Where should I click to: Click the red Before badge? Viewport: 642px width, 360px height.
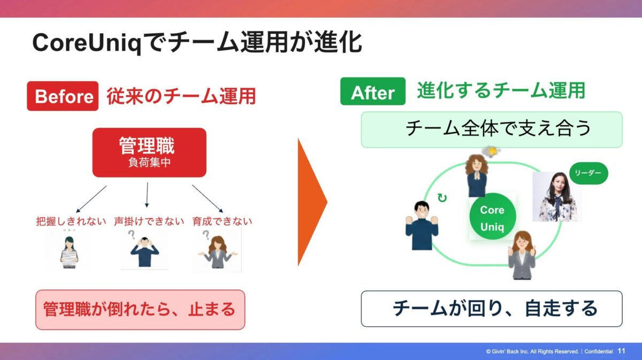coord(63,96)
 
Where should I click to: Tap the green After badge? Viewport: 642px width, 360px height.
coord(372,92)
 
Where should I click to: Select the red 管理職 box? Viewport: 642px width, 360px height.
coord(149,152)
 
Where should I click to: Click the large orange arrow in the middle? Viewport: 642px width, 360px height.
coord(311,202)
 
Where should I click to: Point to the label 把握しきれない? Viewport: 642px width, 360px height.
coord(71,221)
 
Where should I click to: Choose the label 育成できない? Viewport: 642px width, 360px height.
coord(223,221)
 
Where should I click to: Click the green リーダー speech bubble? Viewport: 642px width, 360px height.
coord(588,173)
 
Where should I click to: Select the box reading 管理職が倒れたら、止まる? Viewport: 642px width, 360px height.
coord(140,310)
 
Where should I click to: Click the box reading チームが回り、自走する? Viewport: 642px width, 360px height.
coord(491,309)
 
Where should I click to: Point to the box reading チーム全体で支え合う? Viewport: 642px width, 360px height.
coord(491,129)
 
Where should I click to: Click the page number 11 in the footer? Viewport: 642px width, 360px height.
coord(621,351)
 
